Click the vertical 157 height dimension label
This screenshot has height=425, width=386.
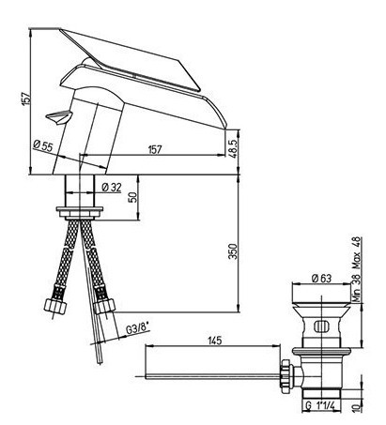coord(27,99)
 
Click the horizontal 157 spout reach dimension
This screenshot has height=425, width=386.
coord(155,149)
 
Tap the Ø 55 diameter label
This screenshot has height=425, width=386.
coord(43,145)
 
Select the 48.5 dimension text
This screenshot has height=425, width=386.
coord(234,148)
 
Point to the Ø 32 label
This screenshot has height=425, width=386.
coord(112,188)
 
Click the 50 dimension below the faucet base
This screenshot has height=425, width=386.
coord(133,197)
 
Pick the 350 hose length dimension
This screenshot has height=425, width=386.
coord(233,251)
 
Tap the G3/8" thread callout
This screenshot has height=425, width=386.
coord(137,329)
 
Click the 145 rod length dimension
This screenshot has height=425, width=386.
coord(214,341)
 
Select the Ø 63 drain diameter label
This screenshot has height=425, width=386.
coord(321,278)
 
